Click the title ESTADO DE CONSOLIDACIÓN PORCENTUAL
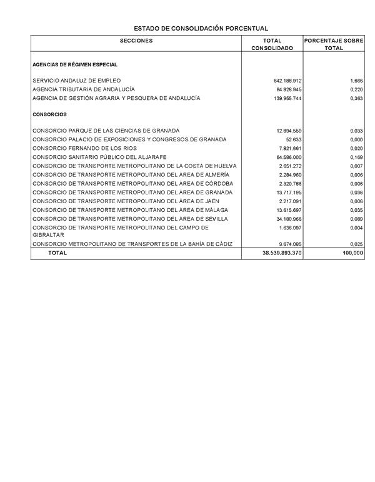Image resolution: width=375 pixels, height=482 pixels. (x=201, y=29)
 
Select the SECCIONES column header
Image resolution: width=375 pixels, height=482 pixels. (x=136, y=41)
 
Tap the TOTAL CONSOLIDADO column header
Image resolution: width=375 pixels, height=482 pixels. (x=272, y=44)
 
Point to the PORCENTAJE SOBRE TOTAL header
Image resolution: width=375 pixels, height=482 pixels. (x=334, y=44)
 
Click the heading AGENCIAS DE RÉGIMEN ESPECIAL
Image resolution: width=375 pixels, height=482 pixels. (x=75, y=65)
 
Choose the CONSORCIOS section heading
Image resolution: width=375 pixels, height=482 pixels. (x=49, y=114)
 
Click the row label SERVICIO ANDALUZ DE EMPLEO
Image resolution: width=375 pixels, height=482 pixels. (x=77, y=81)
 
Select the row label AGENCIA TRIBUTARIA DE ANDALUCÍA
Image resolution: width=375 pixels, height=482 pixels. (x=84, y=89)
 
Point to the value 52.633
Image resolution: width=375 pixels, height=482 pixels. (x=294, y=139)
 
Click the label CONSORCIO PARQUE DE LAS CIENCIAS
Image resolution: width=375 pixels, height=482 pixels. (x=106, y=131)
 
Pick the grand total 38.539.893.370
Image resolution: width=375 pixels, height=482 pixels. (x=282, y=253)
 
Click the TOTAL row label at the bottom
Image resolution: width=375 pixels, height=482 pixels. (x=57, y=253)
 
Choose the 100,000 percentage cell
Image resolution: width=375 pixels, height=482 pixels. (x=353, y=253)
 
